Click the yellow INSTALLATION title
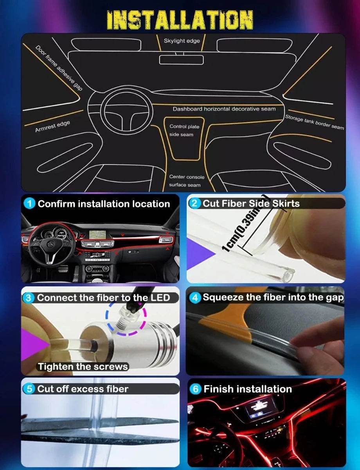click(x=180, y=20)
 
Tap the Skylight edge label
click(x=182, y=41)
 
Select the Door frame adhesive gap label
click(x=59, y=68)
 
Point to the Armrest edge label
click(x=52, y=126)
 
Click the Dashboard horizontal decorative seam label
click(x=224, y=109)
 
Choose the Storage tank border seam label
click(x=314, y=122)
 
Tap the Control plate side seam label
click(x=184, y=130)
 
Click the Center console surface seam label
click(x=187, y=181)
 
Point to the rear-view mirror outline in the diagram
click(x=181, y=60)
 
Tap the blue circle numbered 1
click(x=29, y=204)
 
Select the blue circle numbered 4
click(x=195, y=298)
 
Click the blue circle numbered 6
click(x=196, y=389)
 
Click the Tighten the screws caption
click(x=83, y=367)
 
